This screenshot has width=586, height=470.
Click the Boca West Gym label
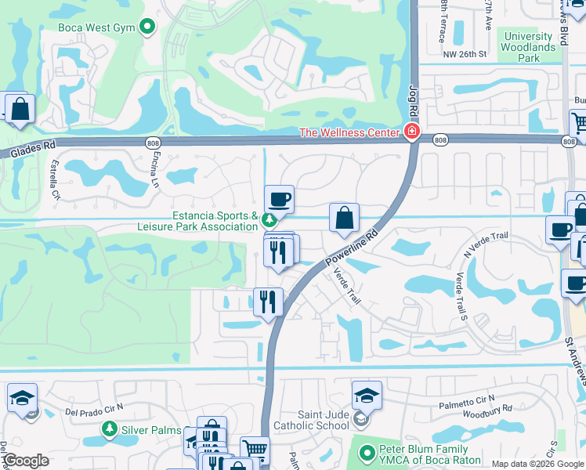point(97,28)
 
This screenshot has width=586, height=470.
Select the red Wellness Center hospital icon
point(411,132)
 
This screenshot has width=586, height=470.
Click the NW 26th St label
point(465,55)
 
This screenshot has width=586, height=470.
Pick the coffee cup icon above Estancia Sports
point(278,200)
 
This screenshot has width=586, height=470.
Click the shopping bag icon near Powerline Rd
point(344,219)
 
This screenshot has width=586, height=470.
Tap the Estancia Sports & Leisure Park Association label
point(215,222)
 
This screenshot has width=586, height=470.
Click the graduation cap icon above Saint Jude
point(366,396)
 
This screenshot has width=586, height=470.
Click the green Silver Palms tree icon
point(110,428)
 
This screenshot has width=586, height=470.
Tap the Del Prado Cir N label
point(92,410)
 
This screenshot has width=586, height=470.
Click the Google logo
point(26,461)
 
